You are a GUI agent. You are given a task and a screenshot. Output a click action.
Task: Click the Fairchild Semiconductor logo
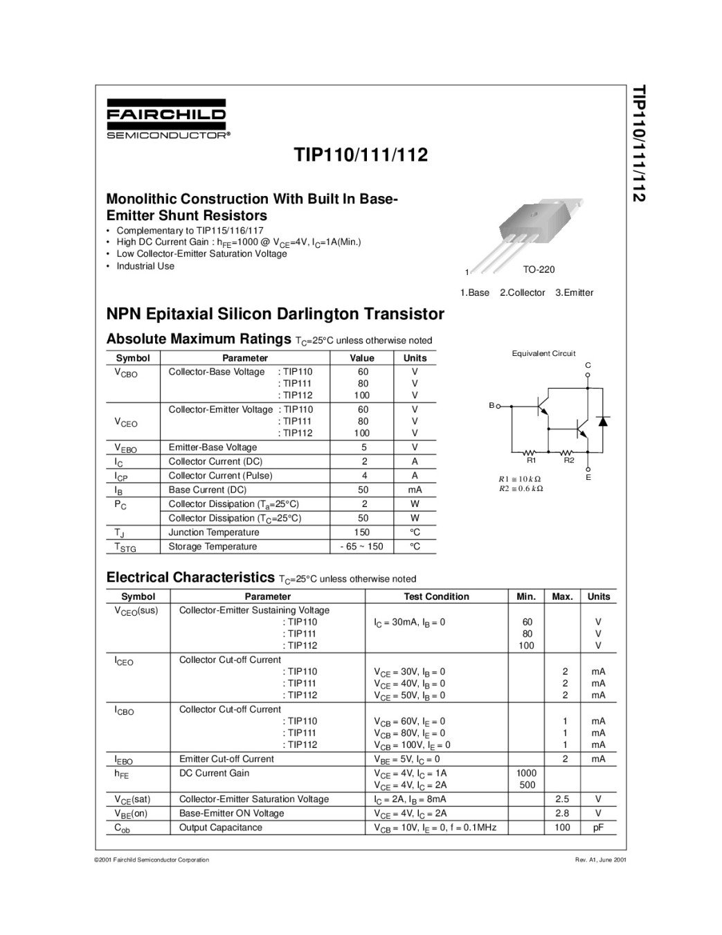point(166,119)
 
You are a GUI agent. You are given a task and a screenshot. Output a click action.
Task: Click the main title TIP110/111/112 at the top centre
point(361,154)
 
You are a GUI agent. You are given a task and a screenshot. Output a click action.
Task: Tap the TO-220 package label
point(539,269)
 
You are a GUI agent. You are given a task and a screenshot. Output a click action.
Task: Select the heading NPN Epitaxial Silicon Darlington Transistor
point(275,314)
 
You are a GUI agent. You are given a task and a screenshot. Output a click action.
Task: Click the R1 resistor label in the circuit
point(532,460)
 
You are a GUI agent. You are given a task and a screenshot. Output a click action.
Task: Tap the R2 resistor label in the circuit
point(569,460)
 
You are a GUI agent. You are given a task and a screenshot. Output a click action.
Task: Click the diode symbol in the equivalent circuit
point(603,421)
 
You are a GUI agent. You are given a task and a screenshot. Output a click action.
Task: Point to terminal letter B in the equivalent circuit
point(491,405)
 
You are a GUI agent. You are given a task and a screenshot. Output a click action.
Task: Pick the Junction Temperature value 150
point(361,533)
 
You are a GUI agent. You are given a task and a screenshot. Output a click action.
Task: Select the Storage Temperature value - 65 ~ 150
point(361,546)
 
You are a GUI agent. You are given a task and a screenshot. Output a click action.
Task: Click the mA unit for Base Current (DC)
point(415,490)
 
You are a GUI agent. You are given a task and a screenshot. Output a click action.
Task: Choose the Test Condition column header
point(436,596)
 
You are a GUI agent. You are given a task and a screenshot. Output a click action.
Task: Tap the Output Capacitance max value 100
point(562,828)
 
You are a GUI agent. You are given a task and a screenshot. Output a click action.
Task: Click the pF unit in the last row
point(598,828)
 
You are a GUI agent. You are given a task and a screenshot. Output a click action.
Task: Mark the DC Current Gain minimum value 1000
point(526,773)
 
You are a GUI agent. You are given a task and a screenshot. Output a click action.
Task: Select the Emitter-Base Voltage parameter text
point(213,447)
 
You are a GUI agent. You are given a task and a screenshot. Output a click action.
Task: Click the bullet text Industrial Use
point(145,266)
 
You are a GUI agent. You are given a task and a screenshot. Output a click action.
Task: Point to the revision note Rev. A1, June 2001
point(600,860)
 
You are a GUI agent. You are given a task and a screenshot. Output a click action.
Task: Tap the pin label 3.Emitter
point(574,292)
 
